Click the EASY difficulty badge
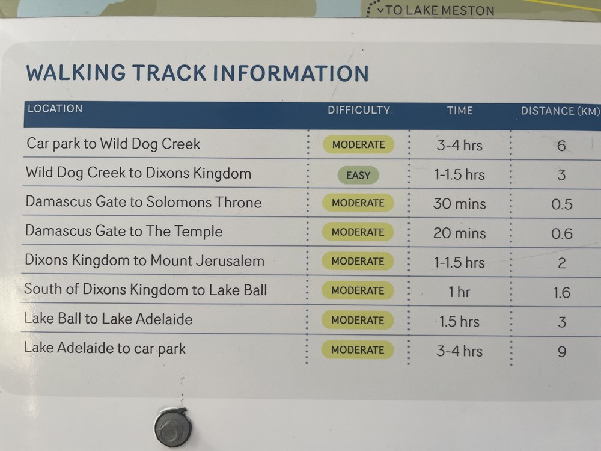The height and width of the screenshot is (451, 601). pyautogui.click(x=358, y=175)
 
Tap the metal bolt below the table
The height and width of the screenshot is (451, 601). pyautogui.click(x=173, y=428)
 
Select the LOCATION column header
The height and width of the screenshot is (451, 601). pyautogui.click(x=55, y=108)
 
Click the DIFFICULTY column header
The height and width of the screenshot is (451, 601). pyautogui.click(x=359, y=110)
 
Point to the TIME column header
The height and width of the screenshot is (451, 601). pyautogui.click(x=460, y=111)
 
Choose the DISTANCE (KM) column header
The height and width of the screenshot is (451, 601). pyautogui.click(x=560, y=111)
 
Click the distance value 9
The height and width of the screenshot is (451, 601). pyautogui.click(x=561, y=351)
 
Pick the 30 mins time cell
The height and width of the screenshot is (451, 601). pyautogui.click(x=460, y=204)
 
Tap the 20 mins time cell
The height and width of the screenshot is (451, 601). pyautogui.click(x=460, y=233)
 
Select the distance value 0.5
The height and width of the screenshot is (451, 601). pyautogui.click(x=561, y=204)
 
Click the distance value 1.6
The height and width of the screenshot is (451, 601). pyautogui.click(x=561, y=293)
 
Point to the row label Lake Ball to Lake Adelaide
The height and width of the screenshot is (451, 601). pyautogui.click(x=108, y=319)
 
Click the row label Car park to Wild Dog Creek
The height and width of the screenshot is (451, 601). pyautogui.click(x=113, y=144)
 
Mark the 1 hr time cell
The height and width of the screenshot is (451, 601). pyautogui.click(x=459, y=292)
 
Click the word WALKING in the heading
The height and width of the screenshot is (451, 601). pyautogui.click(x=76, y=73)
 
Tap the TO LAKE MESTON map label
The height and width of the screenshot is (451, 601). pyautogui.click(x=440, y=10)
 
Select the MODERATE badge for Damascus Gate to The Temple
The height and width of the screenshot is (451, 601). pyautogui.click(x=358, y=232)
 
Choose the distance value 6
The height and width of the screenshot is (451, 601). pyautogui.click(x=561, y=146)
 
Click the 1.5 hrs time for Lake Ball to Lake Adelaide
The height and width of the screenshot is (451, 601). pyautogui.click(x=459, y=321)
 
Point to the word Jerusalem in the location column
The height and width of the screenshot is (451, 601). pyautogui.click(x=230, y=261)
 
